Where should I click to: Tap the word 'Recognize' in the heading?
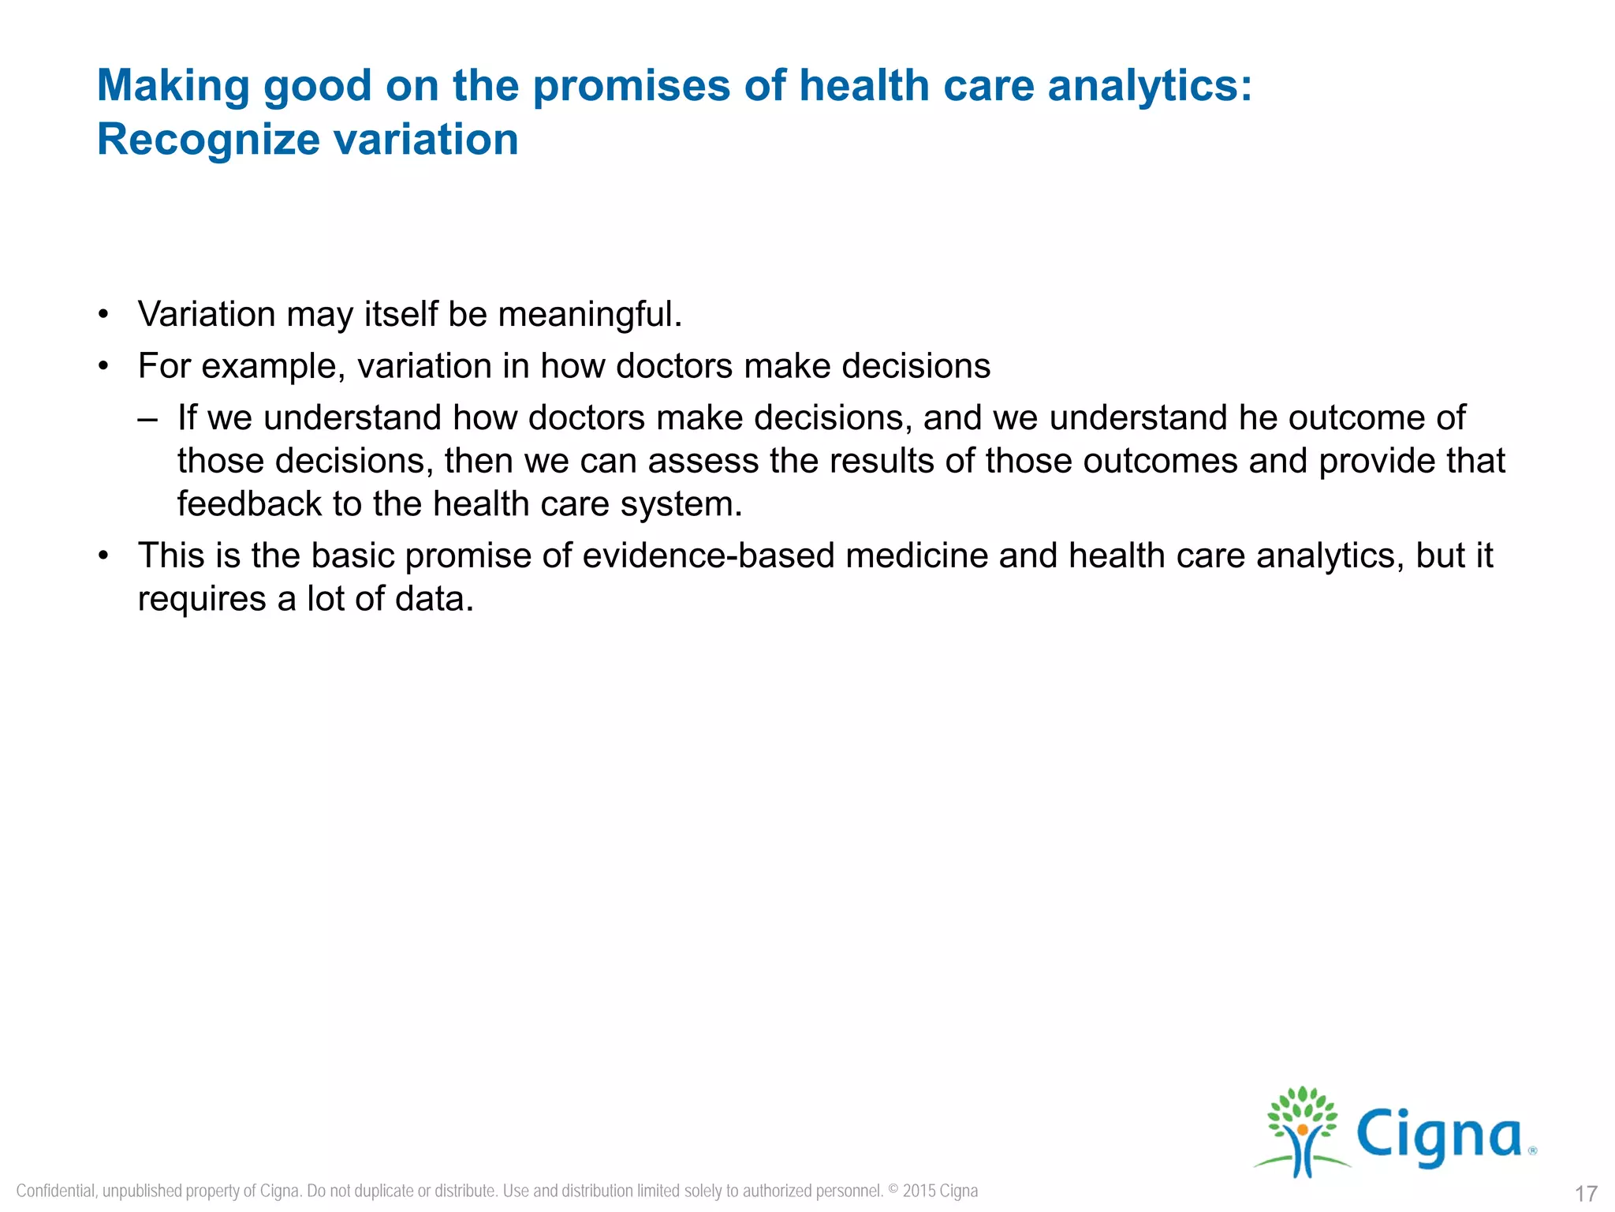pyautogui.click(x=208, y=140)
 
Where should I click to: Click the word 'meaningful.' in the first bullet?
pyautogui.click(x=590, y=314)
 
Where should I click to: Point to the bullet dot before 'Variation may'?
pyautogui.click(x=103, y=315)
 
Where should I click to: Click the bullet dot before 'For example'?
pyautogui.click(x=103, y=367)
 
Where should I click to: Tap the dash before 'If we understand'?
pyautogui.click(x=147, y=418)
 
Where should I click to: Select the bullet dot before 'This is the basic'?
pyautogui.click(x=103, y=556)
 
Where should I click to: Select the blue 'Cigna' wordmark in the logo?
pyautogui.click(x=1438, y=1136)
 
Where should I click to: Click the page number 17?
pyautogui.click(x=1586, y=1193)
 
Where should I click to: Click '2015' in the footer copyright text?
pyautogui.click(x=919, y=1191)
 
